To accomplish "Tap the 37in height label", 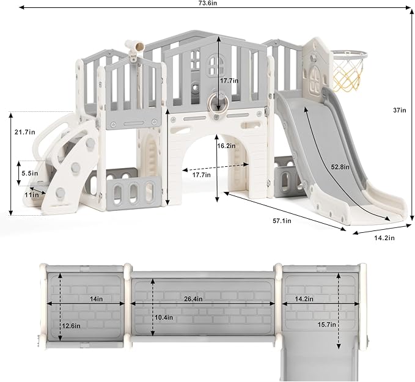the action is pos(399,110).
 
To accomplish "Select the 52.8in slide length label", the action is pos(340,167).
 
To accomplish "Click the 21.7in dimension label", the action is pos(25,132).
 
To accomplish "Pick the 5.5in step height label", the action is pos(29,174).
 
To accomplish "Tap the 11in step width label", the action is pos(32,195).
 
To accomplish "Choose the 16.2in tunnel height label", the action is pos(226,145).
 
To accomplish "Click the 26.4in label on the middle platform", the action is pos(194,299).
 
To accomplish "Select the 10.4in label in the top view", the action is pos(164,317).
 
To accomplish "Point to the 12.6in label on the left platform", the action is pos(71,326).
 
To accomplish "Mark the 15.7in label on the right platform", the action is pos(327,325).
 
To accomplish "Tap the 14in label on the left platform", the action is pos(97,299).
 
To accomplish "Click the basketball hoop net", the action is pos(347,73).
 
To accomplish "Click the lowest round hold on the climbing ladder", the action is pos(60,193).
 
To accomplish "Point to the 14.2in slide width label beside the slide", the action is pos(384,238).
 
